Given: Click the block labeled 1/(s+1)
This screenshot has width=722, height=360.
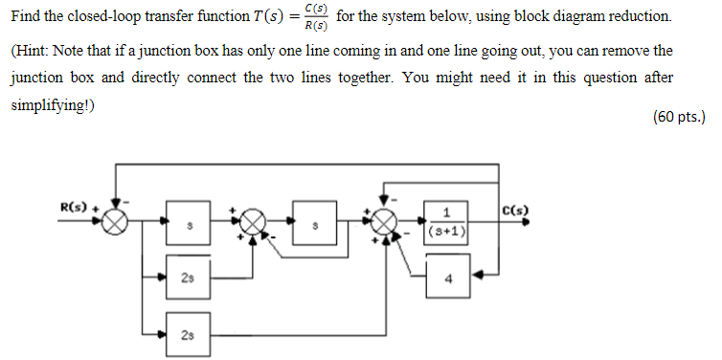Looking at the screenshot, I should (447, 223).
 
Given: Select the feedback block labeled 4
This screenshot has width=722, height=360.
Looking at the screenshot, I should (447, 281).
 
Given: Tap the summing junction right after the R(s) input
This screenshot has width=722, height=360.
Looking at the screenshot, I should (116, 222).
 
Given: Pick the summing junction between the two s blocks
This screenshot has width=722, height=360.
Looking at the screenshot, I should (252, 222).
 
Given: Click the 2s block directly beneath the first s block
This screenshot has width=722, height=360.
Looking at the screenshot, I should (188, 279).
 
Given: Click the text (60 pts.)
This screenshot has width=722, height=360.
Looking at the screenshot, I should (677, 117).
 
